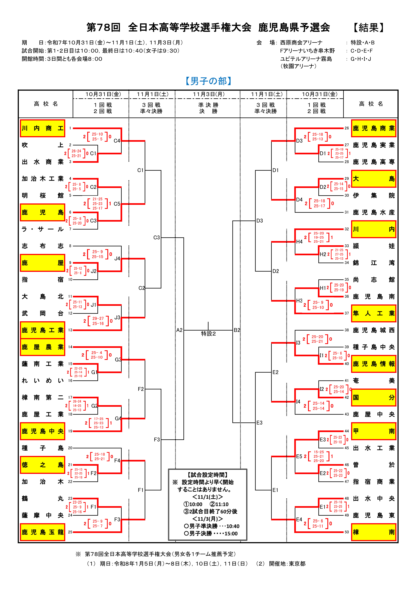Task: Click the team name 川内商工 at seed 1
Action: click(42, 128)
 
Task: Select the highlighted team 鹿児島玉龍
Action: click(42, 532)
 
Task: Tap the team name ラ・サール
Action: click(42, 229)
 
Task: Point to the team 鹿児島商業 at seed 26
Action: click(374, 128)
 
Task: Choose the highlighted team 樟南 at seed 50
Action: click(374, 532)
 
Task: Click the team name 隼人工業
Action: click(374, 313)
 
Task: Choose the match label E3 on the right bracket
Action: click(260, 423)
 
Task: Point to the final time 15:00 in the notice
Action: click(231, 533)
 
